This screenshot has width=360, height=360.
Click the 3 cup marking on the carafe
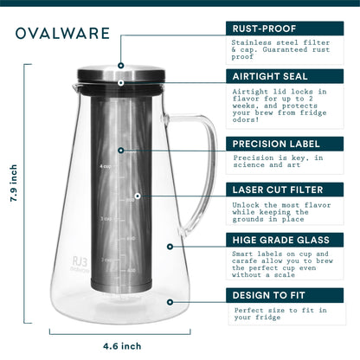tap(106, 219)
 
